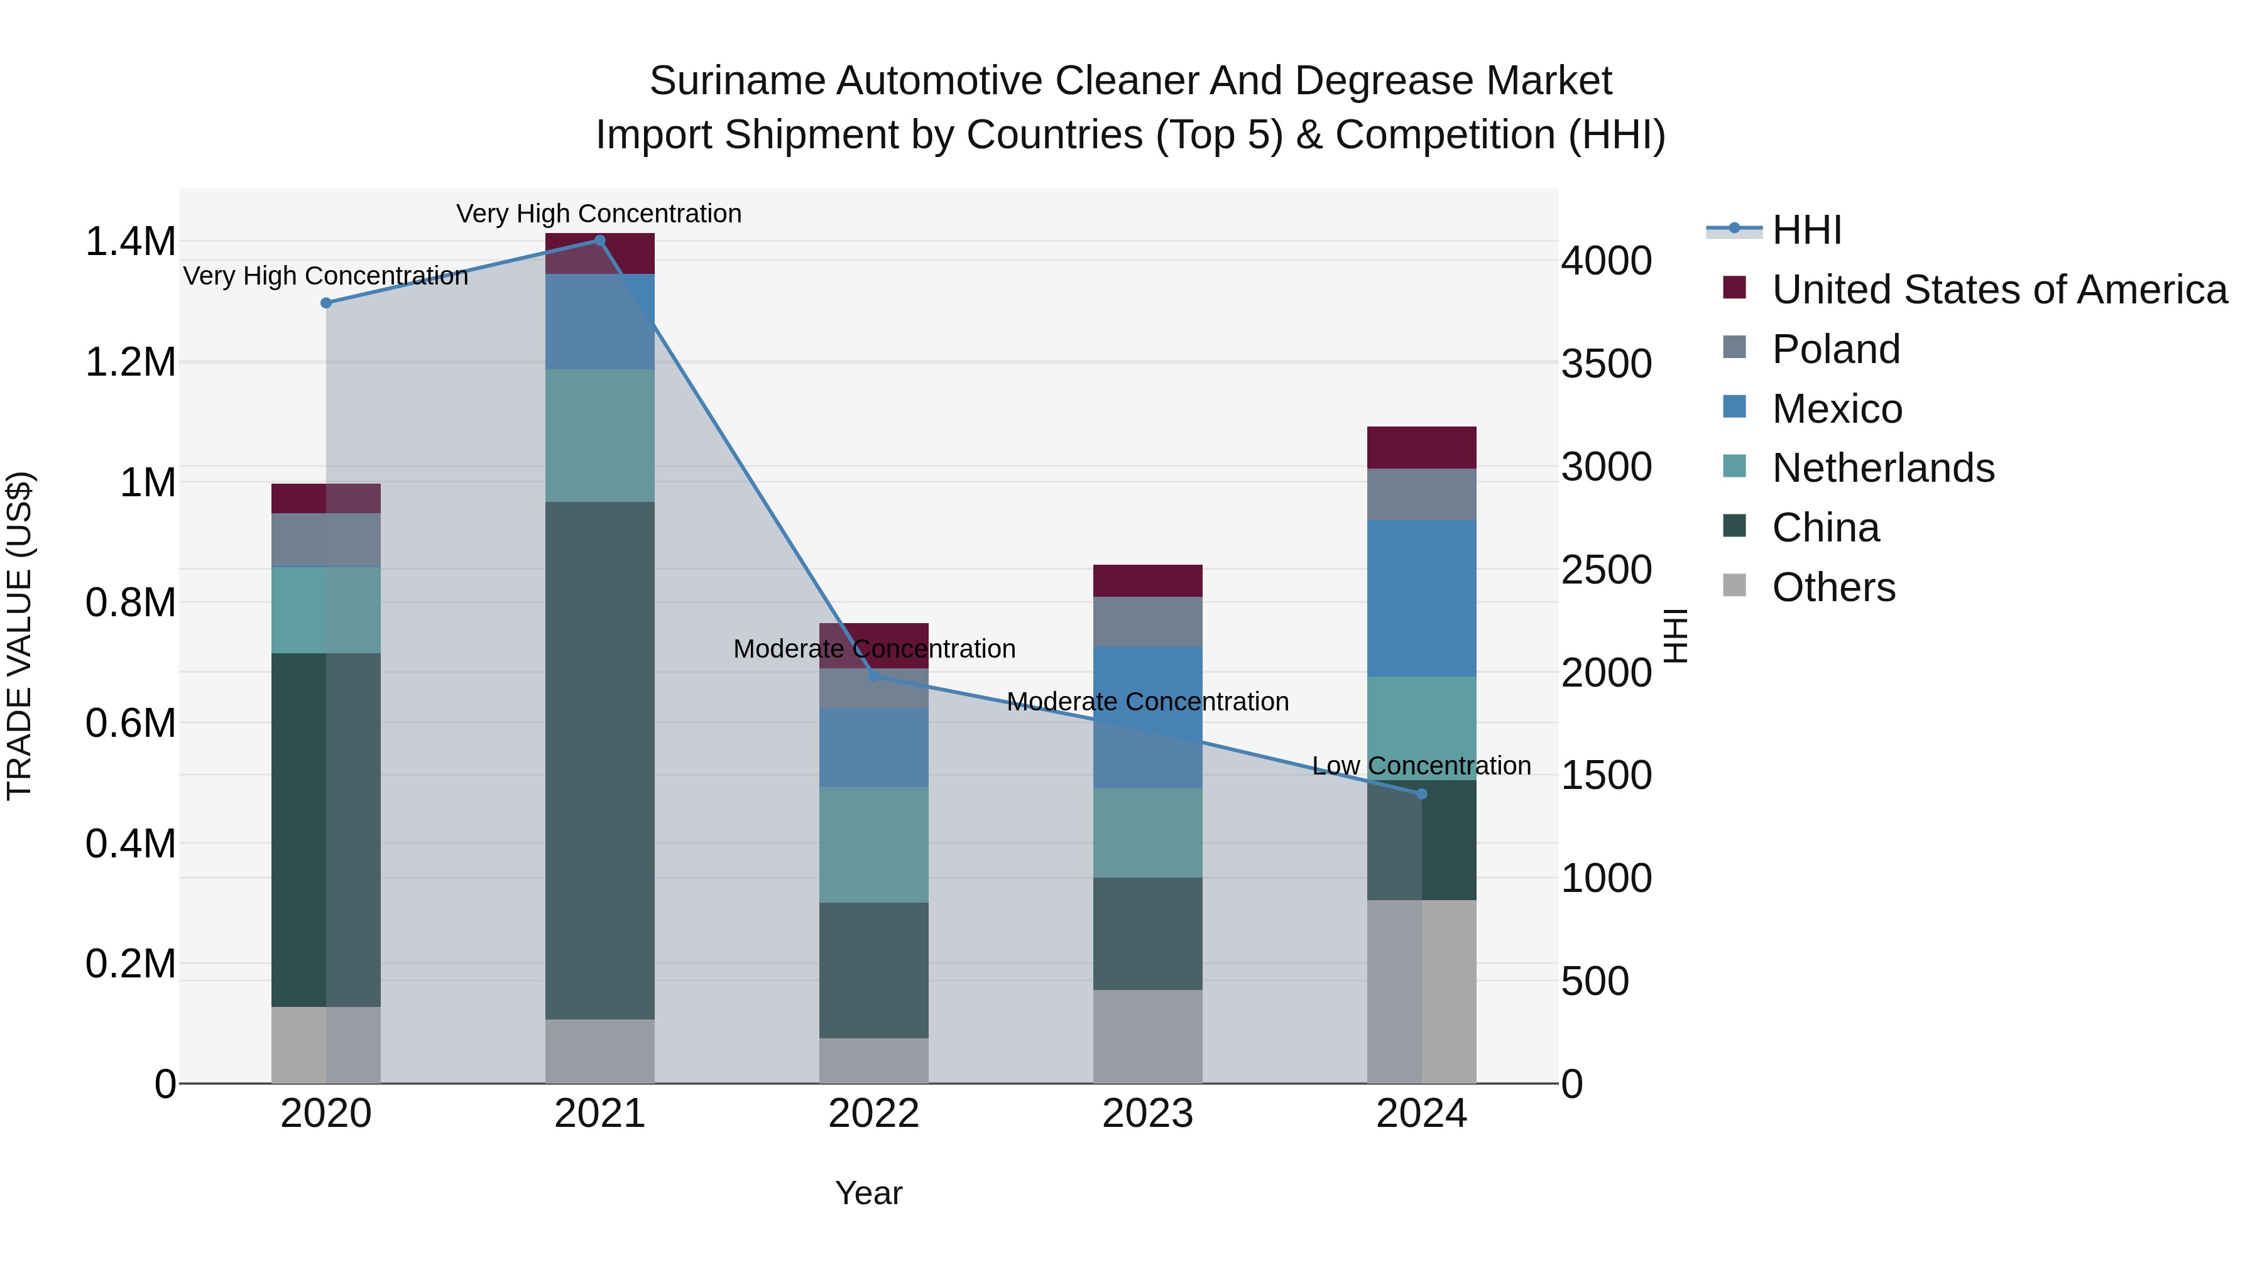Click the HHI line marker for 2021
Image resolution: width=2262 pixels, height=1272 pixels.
[x=600, y=241]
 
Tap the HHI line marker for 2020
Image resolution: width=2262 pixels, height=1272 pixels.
[x=325, y=303]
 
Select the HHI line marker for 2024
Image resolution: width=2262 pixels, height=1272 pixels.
[x=1422, y=793]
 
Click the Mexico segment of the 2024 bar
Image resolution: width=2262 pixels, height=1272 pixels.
[x=1422, y=598]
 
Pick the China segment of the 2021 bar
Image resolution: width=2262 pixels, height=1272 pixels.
[x=600, y=759]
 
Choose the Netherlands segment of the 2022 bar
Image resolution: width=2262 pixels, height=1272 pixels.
[x=874, y=844]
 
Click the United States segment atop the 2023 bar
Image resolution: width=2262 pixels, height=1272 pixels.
[x=1148, y=580]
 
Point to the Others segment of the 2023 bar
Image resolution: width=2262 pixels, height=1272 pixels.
[x=1148, y=1036]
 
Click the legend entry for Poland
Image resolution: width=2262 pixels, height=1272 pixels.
[x=1835, y=349]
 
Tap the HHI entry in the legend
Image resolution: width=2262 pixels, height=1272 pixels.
[x=1806, y=230]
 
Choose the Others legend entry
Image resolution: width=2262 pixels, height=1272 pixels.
[x=1833, y=587]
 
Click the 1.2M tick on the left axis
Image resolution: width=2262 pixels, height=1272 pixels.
[x=130, y=362]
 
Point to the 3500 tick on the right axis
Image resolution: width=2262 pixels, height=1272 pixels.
[x=1606, y=364]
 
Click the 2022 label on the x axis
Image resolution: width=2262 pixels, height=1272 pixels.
[x=874, y=1114]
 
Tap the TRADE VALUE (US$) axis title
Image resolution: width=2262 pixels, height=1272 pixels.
[x=19, y=636]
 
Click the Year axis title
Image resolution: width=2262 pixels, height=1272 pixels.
[x=868, y=1193]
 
